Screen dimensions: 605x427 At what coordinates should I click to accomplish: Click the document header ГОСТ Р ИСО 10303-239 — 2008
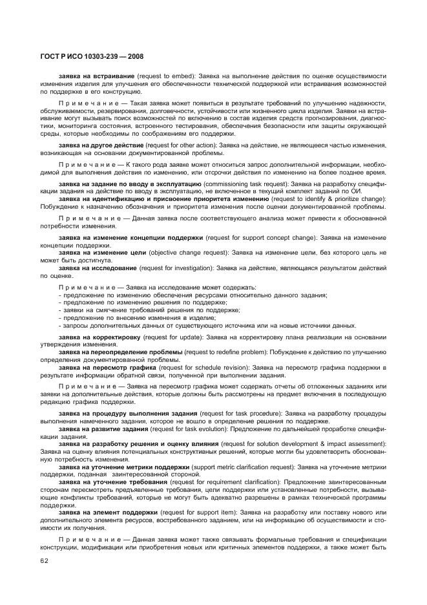[x=89, y=57]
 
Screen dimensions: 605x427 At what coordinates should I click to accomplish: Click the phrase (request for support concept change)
[x=262, y=239]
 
